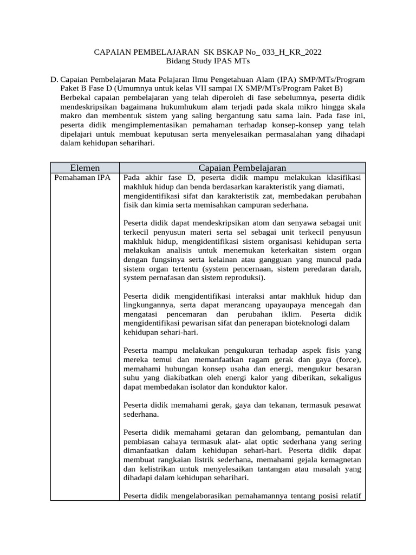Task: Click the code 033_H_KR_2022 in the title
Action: click(291, 52)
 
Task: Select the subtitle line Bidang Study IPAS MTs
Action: click(207, 61)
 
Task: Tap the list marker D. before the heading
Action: click(54, 79)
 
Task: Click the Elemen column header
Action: click(85, 167)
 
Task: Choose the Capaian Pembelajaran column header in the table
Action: click(242, 167)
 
